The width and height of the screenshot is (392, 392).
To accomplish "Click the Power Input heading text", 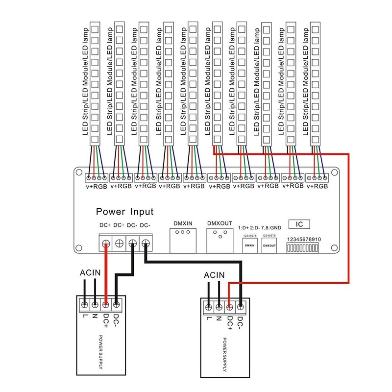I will (x=124, y=212).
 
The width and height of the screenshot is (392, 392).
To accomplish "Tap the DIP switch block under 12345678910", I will (x=303, y=249).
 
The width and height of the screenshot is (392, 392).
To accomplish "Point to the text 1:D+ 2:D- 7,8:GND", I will (x=259, y=228).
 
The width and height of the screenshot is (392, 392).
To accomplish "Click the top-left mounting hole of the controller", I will (x=78, y=172).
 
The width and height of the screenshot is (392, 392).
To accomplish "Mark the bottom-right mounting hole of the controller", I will (x=335, y=245).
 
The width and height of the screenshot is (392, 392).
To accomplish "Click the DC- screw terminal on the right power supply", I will (x=241, y=308).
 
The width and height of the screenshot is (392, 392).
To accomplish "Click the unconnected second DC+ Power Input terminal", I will (x=119, y=243).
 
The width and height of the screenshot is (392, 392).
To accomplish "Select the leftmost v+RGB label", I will (x=96, y=186).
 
